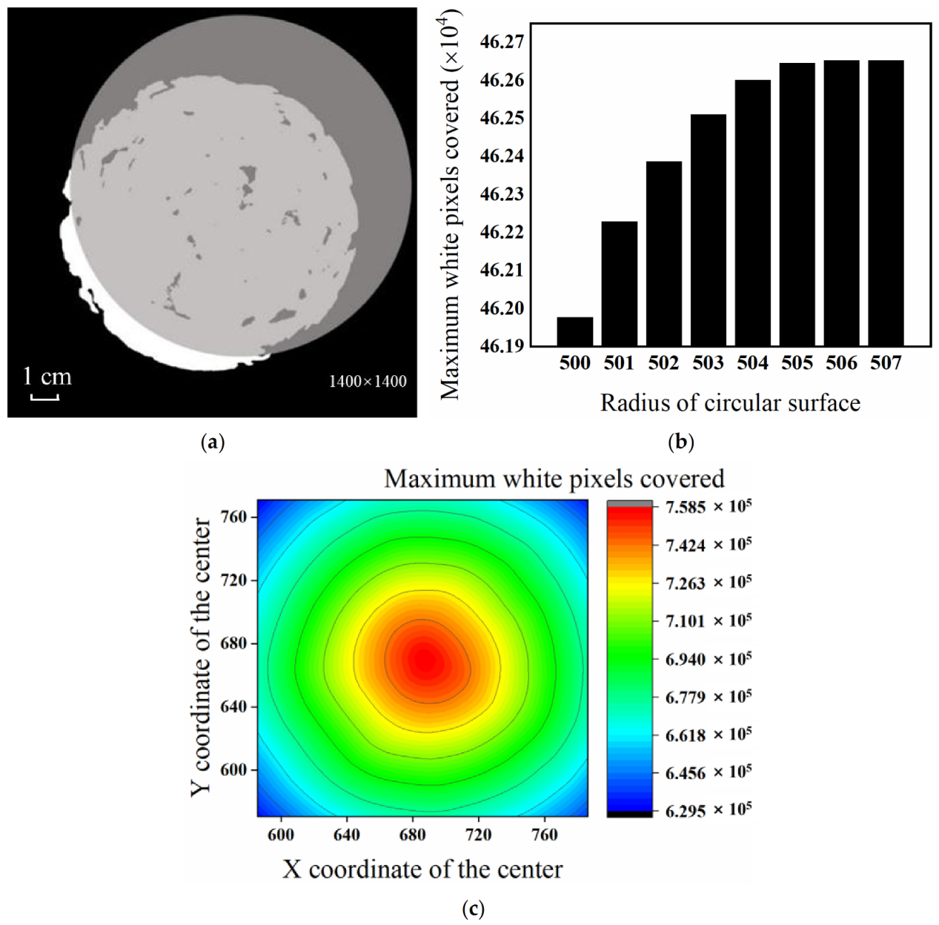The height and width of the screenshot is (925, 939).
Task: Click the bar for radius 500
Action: [x=575, y=332]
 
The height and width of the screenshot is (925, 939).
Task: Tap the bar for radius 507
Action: [x=885, y=203]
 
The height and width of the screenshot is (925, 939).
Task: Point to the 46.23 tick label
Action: [x=502, y=194]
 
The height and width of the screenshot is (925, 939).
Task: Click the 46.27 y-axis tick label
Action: [x=502, y=43]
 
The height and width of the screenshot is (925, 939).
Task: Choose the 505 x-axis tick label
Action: [x=797, y=363]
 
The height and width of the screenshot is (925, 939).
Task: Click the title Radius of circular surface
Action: [x=730, y=403]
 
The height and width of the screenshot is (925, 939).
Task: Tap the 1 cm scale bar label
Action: [x=47, y=377]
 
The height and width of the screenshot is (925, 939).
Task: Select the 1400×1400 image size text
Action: [x=367, y=382]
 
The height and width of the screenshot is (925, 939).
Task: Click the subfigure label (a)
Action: [x=212, y=442]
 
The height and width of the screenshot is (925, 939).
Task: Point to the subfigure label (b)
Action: [x=680, y=442]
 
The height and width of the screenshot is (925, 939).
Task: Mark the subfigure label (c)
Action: [x=473, y=909]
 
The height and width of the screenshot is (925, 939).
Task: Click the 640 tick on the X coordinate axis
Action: [x=347, y=834]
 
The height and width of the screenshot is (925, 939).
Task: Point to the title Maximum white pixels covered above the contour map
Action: [x=554, y=478]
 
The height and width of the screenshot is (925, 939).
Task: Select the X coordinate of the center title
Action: [x=422, y=869]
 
